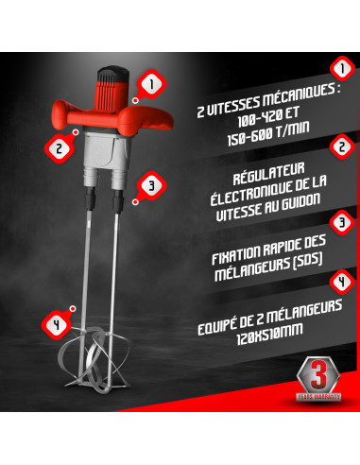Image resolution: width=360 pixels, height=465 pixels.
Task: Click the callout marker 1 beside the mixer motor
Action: [146, 85]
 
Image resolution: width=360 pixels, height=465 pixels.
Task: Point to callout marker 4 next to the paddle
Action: [57, 323]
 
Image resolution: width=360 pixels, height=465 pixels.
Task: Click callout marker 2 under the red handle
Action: [59, 148]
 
